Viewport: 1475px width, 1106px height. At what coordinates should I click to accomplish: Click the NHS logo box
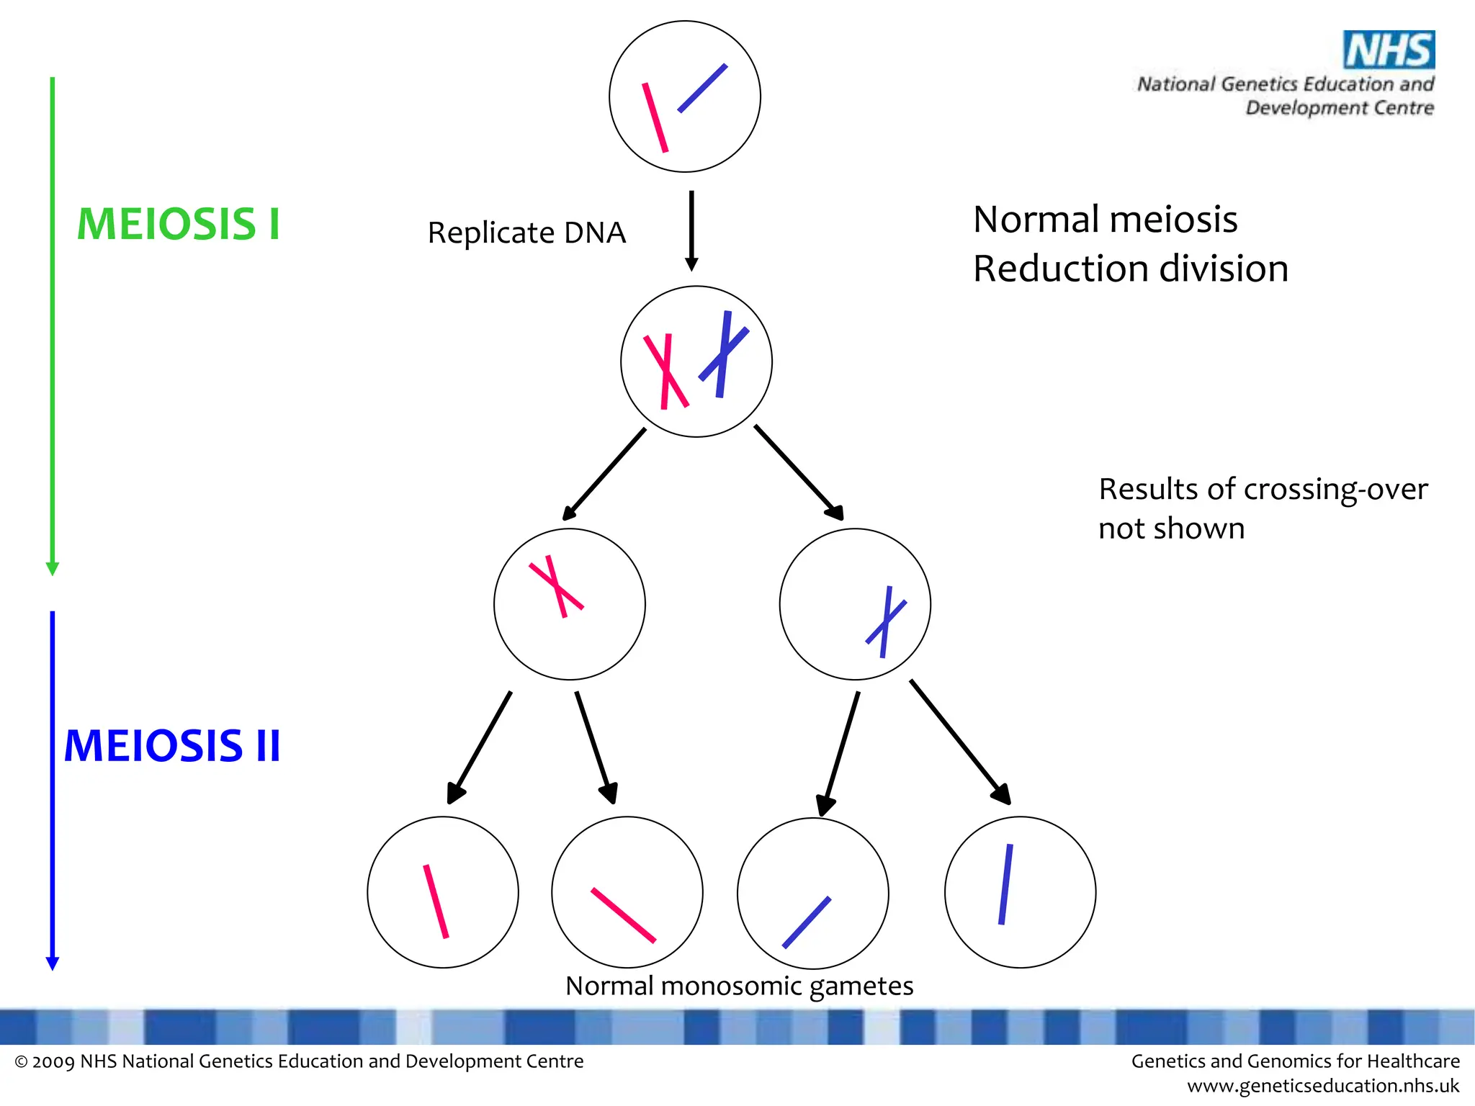pos(1389,50)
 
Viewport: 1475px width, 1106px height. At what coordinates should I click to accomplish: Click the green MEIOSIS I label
pos(178,224)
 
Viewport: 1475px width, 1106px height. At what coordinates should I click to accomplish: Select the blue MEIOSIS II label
pos(172,746)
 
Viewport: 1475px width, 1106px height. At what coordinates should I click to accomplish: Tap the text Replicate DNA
pos(526,233)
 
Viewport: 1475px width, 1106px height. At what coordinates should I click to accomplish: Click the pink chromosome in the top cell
pos(655,117)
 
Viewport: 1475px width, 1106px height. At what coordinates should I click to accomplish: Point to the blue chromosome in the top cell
pos(702,89)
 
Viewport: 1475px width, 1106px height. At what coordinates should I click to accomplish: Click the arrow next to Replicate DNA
pos(691,230)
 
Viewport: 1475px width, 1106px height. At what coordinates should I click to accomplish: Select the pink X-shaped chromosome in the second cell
pos(666,372)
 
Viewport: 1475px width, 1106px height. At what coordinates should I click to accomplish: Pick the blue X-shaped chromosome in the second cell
pos(724,354)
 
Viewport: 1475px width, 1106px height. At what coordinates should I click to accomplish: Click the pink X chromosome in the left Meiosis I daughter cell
pos(557,586)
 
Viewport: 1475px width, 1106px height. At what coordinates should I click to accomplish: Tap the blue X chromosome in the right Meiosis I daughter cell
pos(886,621)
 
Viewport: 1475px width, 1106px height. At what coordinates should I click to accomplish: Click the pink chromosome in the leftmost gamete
pos(436,902)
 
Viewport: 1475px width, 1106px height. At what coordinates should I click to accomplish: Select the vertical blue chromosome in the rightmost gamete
pos(1005,884)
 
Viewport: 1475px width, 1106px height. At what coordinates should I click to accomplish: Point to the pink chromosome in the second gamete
pos(623,915)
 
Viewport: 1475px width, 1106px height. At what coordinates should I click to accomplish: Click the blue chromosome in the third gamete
pos(807,922)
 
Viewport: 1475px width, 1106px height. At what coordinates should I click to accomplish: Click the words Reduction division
pos(1130,269)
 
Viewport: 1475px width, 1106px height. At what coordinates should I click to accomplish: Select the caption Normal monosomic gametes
pos(739,986)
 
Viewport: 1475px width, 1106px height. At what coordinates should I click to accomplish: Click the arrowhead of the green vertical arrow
pos(52,569)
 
